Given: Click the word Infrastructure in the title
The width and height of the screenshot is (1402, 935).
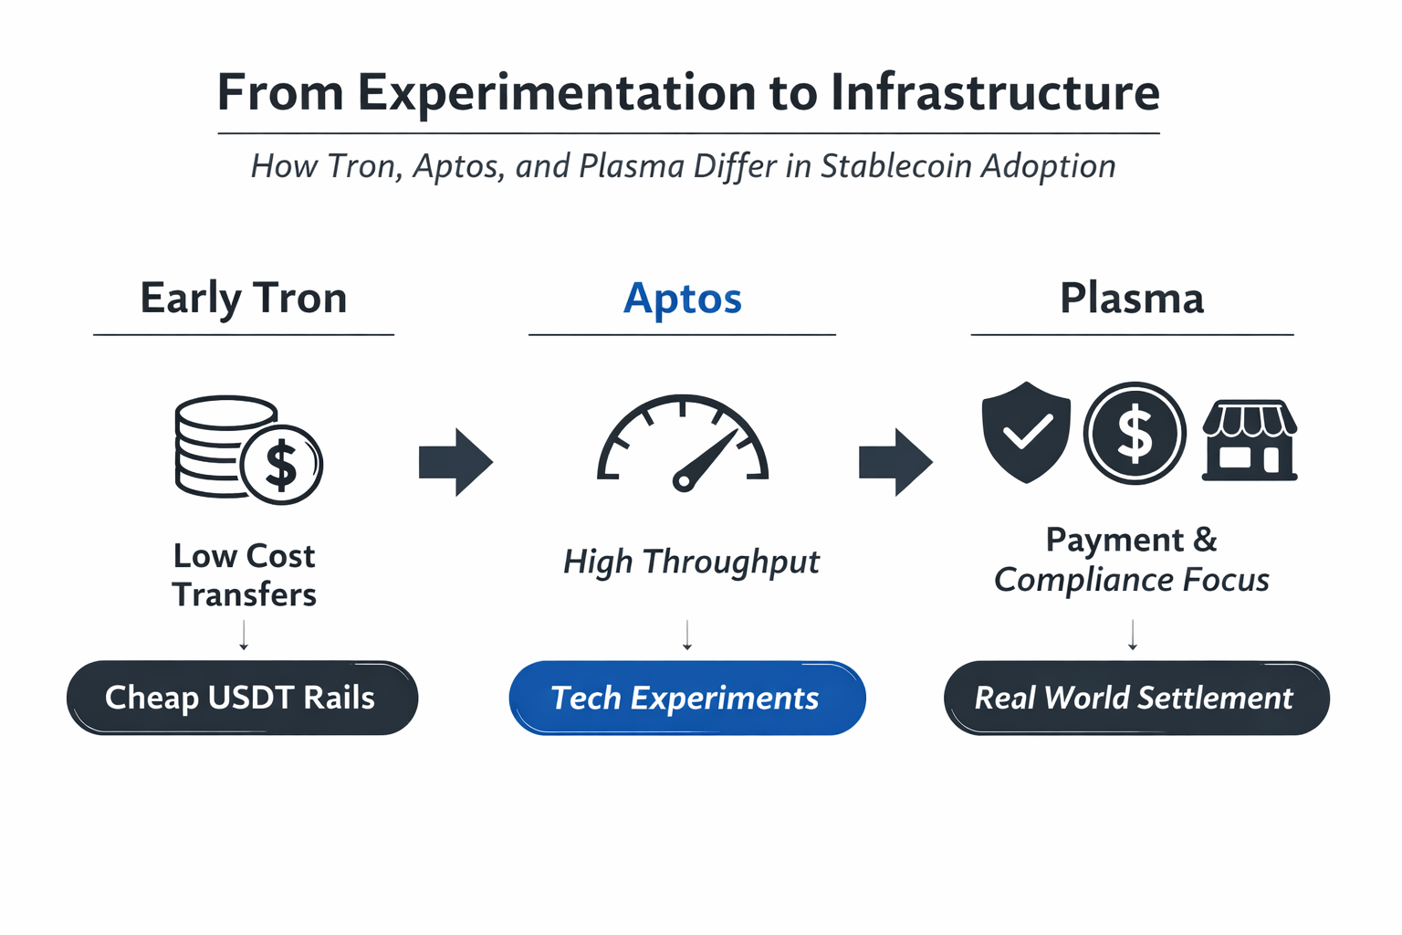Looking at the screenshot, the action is (x=995, y=93).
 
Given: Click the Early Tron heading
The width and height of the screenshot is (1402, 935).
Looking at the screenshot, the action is (x=244, y=298).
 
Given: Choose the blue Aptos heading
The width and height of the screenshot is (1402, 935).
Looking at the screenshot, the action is (x=682, y=299).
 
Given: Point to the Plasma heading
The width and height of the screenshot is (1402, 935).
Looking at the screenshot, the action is (x=1132, y=298).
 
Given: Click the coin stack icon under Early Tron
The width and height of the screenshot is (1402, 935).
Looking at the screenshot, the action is (x=249, y=449).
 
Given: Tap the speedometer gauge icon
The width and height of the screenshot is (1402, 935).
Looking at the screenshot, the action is (x=683, y=442).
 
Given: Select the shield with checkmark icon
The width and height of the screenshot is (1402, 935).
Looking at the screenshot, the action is (x=1026, y=432).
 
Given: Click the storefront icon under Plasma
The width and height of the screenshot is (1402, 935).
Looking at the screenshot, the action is (x=1250, y=440).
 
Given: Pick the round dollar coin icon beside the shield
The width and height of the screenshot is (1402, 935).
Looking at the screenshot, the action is (x=1135, y=433).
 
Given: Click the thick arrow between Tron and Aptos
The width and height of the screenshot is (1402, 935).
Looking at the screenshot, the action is (x=456, y=462).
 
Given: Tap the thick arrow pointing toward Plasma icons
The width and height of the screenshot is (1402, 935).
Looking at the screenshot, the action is (x=896, y=462).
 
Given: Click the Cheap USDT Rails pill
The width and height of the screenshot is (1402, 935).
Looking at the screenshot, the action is (x=242, y=698).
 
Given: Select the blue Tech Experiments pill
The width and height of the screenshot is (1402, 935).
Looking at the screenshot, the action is (x=687, y=698).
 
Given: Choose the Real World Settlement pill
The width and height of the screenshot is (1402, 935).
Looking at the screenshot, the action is (x=1136, y=698).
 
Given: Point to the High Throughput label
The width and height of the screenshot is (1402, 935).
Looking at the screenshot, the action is (x=691, y=562).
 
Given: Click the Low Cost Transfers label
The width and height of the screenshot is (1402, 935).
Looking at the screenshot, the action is (x=244, y=575).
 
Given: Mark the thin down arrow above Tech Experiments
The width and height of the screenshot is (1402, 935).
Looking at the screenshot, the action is (x=687, y=635).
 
